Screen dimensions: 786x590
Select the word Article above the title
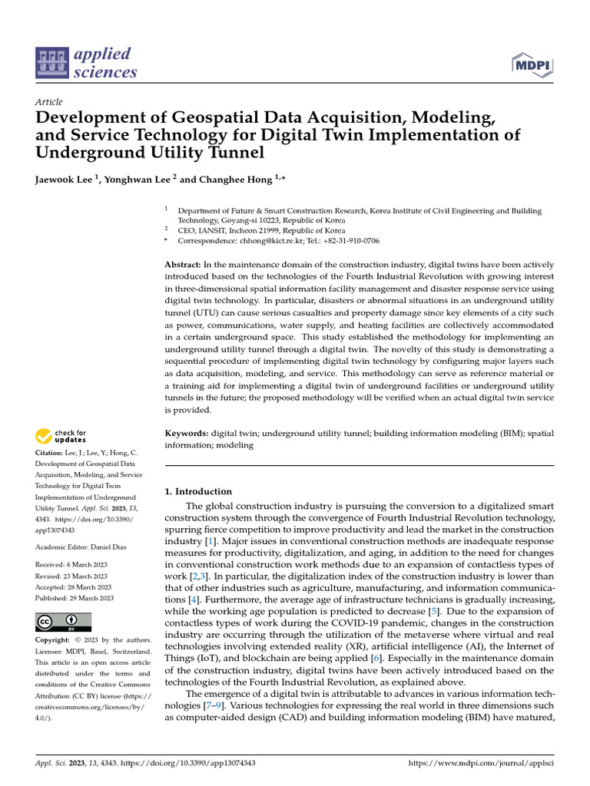click(49, 102)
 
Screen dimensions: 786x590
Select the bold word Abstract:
click(183, 264)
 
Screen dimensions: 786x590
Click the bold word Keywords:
click(187, 434)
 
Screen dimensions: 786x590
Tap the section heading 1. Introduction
click(199, 491)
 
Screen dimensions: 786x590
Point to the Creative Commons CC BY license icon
click(63, 621)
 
